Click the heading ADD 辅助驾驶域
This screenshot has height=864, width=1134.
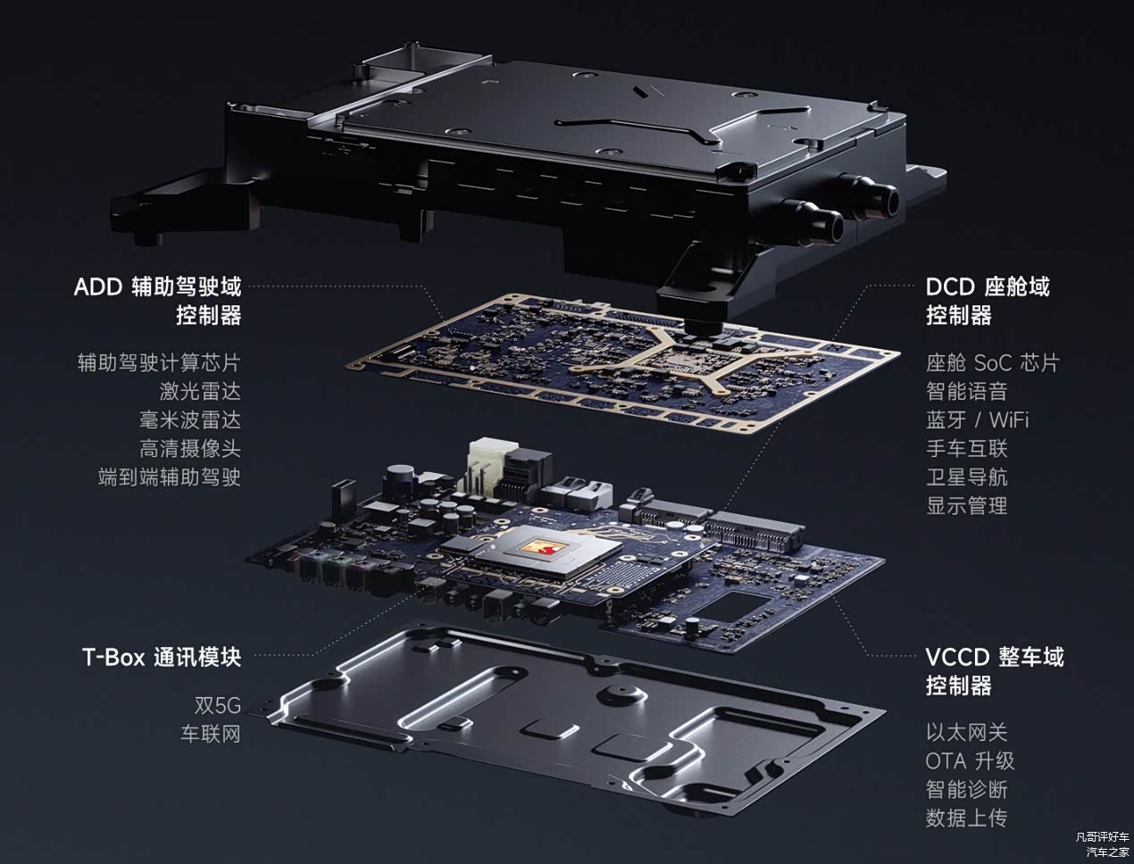[157, 287]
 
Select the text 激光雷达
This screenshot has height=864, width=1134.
[200, 392]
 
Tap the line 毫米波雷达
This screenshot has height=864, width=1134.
[190, 420]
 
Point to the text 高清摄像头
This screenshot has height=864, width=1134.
[190, 448]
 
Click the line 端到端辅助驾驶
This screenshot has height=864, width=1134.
[170, 477]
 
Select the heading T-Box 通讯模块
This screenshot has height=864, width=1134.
[162, 658]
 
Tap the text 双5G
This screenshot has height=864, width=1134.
[218, 705]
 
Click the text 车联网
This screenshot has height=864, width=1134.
[211, 734]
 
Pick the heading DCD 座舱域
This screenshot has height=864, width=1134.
[988, 287]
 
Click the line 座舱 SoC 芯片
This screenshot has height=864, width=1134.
[992, 363]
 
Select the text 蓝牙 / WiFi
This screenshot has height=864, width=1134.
[977, 420]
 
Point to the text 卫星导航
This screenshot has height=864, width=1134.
[967, 477]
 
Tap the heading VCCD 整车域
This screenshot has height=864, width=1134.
[995, 658]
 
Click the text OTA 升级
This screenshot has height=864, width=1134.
[970, 760]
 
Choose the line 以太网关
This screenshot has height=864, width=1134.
[967, 732]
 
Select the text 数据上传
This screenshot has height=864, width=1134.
[967, 818]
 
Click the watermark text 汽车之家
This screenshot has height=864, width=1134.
[1107, 852]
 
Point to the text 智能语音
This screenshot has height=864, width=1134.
[967, 392]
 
